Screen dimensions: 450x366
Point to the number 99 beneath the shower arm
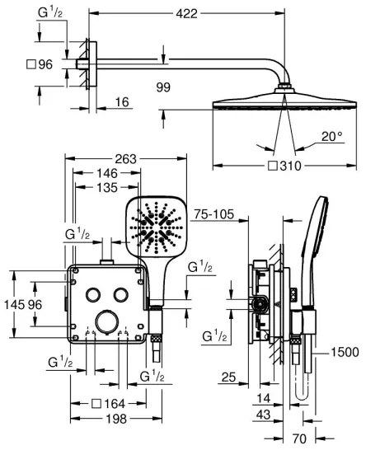click(163, 85)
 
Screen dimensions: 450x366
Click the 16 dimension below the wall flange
click(122, 101)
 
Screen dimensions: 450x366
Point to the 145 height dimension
click(12, 303)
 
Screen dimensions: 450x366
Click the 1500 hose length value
click(343, 352)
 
